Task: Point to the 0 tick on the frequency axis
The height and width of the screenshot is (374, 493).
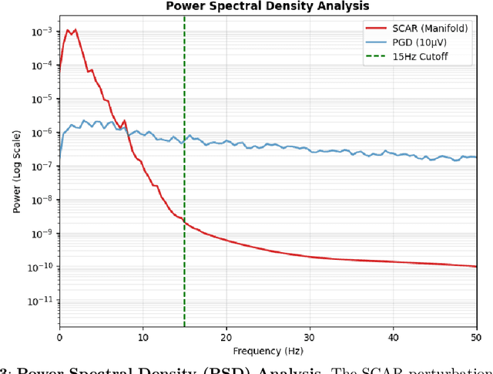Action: pyautogui.click(x=59, y=338)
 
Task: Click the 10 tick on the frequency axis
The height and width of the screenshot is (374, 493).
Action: pyautogui.click(x=143, y=338)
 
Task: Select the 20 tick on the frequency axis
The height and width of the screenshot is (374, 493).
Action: pyautogui.click(x=226, y=338)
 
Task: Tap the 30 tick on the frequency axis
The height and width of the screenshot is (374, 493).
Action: pyautogui.click(x=310, y=338)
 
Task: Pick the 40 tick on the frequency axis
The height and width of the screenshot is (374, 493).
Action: pyautogui.click(x=393, y=338)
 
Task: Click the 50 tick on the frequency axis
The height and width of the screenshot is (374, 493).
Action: pyautogui.click(x=476, y=338)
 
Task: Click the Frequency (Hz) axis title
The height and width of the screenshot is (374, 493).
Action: pyautogui.click(x=267, y=351)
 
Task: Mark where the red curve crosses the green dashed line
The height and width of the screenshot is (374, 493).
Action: pyautogui.click(x=184, y=219)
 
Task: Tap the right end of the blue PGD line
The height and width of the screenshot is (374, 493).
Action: pyautogui.click(x=475, y=157)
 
